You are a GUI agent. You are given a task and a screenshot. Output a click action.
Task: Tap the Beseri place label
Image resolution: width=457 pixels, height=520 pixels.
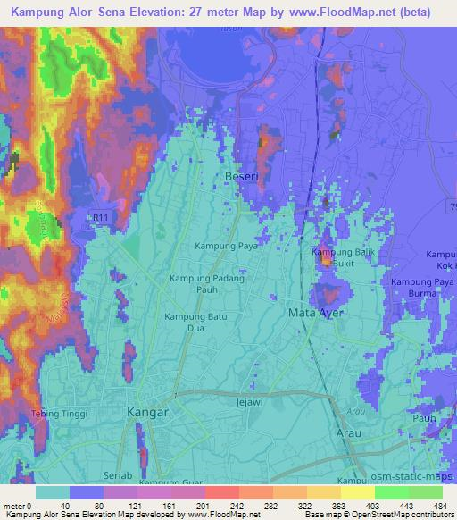click(x=241, y=177)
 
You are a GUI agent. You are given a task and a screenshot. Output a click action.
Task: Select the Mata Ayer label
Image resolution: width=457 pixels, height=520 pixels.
click(x=315, y=313)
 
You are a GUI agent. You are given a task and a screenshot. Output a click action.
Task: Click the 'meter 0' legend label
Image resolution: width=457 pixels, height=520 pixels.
click(x=17, y=506)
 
